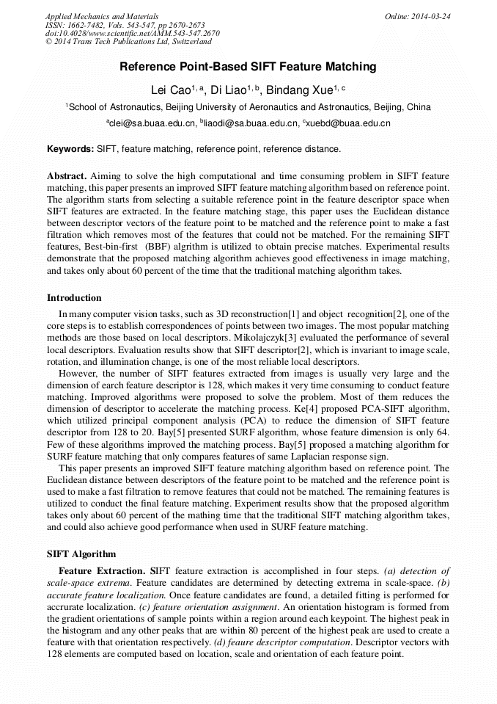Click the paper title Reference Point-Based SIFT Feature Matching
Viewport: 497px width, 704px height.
coord(248,67)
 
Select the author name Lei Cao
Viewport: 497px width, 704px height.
coord(169,90)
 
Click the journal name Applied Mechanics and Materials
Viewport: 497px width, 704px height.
coord(101,16)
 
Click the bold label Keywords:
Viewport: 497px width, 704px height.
coord(70,149)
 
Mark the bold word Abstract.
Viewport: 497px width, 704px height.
coord(67,176)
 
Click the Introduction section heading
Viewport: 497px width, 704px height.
coord(74,298)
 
